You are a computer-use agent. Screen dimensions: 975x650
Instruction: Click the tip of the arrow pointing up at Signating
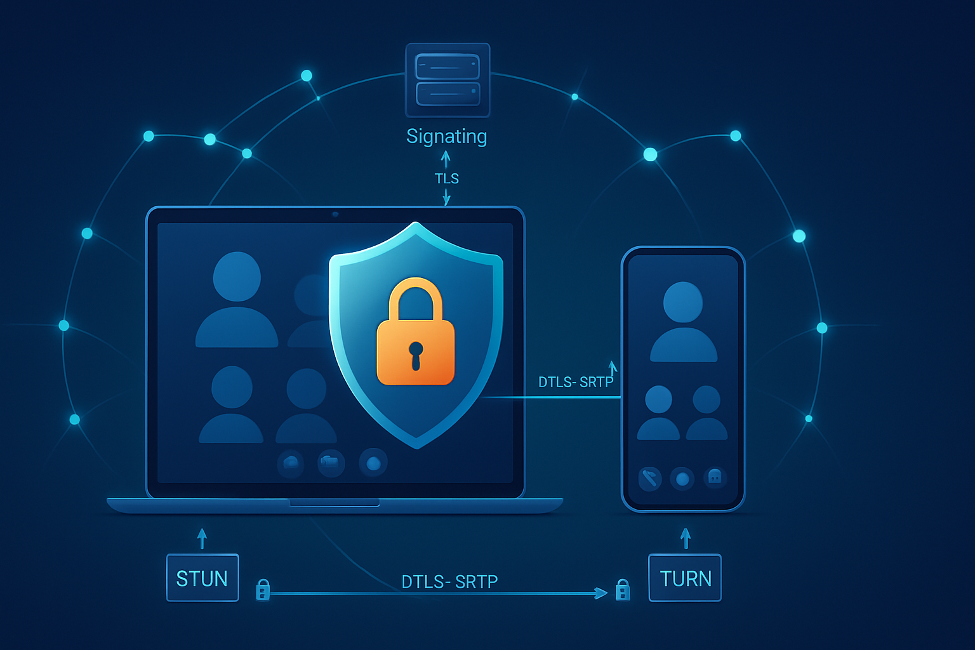tap(445, 150)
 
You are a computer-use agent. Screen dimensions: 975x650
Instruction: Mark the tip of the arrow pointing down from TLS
tap(446, 204)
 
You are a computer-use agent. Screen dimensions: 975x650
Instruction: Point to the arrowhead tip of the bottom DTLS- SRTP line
tap(607, 593)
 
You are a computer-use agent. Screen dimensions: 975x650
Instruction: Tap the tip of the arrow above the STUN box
tap(201, 529)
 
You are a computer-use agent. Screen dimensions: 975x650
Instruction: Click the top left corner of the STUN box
tap(167, 554)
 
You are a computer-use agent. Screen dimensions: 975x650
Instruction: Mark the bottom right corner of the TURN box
tap(721, 601)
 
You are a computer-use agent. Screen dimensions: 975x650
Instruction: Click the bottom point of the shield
tap(416, 449)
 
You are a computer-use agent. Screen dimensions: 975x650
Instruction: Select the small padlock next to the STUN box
tap(262, 590)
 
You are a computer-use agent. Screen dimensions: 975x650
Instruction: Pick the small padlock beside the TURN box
tap(623, 590)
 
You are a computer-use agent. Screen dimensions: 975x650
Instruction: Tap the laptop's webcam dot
tap(335, 214)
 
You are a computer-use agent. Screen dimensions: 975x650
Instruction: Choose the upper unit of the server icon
tap(448, 67)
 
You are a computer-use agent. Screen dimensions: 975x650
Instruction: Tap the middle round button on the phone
tap(682, 479)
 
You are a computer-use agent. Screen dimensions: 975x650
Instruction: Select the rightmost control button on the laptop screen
tap(373, 463)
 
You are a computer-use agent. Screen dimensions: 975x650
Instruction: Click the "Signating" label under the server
tap(446, 136)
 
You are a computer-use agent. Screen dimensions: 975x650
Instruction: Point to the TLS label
tap(447, 178)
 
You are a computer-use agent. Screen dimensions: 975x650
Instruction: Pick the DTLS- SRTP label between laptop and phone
tap(576, 382)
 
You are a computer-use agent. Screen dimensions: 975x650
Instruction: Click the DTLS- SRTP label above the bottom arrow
tap(449, 581)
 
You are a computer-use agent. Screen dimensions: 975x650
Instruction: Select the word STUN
tap(201, 579)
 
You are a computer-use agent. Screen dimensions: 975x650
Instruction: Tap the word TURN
tap(686, 579)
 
